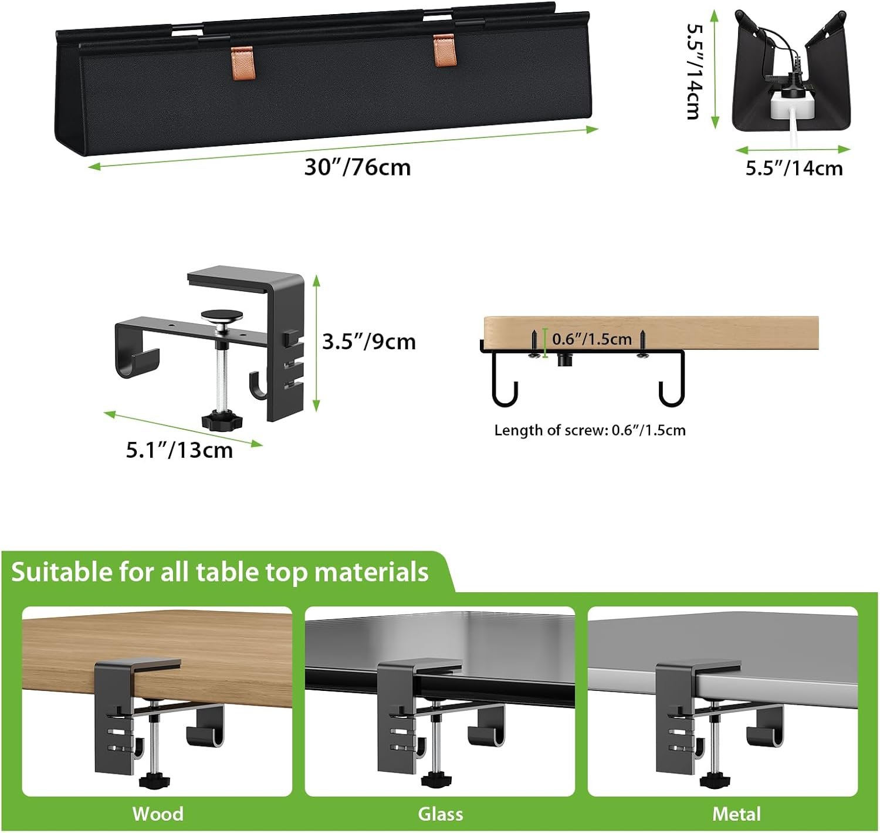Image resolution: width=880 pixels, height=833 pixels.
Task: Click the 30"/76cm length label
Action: (x=357, y=167)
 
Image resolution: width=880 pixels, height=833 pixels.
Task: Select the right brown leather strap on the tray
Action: (x=445, y=50)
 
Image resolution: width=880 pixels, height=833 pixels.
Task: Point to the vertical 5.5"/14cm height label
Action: (x=694, y=72)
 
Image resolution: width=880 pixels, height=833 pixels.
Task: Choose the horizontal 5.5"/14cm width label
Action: (x=794, y=168)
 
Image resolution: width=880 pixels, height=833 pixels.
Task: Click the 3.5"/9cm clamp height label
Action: (x=369, y=342)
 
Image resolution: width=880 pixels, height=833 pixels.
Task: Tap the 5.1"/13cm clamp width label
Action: (x=180, y=450)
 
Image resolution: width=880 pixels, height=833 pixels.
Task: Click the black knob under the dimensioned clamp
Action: (x=222, y=420)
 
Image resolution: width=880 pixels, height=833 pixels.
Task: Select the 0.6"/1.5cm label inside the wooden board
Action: (x=592, y=339)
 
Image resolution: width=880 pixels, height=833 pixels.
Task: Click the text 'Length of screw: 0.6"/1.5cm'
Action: (x=590, y=430)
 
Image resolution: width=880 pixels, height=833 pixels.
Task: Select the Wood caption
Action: (x=158, y=814)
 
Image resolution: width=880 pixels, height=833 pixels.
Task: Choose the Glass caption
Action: (x=441, y=814)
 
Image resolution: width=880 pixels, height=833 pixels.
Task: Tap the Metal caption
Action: (x=736, y=814)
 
